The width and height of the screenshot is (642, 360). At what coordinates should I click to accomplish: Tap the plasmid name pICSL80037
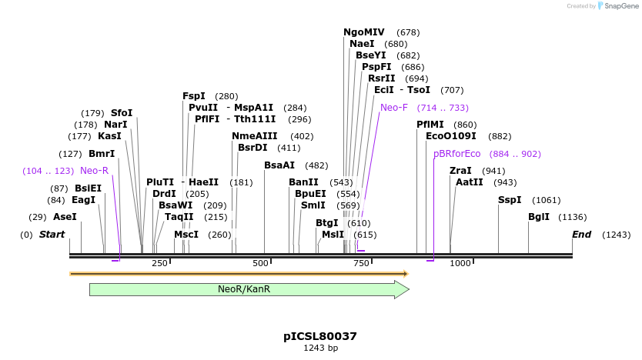click(x=320, y=336)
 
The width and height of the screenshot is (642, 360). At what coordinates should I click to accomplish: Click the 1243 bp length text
click(x=320, y=348)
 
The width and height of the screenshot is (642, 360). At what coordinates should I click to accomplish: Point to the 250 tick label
click(x=159, y=264)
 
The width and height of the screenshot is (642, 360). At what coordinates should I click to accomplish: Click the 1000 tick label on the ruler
click(x=460, y=264)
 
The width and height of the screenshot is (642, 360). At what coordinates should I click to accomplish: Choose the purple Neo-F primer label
click(x=394, y=108)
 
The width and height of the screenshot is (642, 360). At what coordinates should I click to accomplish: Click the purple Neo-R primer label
click(x=94, y=170)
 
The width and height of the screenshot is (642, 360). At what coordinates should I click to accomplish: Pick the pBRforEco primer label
click(x=456, y=154)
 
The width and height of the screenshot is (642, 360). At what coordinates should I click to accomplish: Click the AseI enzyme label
click(x=65, y=217)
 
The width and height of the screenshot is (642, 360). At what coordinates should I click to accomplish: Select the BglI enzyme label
click(x=539, y=217)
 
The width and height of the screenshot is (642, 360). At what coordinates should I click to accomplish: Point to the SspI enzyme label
click(x=510, y=200)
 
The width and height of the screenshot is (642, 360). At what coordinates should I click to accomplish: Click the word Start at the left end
click(x=52, y=234)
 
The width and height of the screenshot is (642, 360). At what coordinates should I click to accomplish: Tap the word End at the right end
click(x=581, y=234)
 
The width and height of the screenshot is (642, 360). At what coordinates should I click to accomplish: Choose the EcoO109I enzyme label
click(x=451, y=136)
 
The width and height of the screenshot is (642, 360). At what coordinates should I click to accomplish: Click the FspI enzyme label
click(x=194, y=96)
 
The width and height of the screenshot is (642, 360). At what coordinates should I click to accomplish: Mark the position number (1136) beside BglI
click(x=572, y=217)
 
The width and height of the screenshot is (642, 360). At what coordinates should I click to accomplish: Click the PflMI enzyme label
click(x=430, y=125)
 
